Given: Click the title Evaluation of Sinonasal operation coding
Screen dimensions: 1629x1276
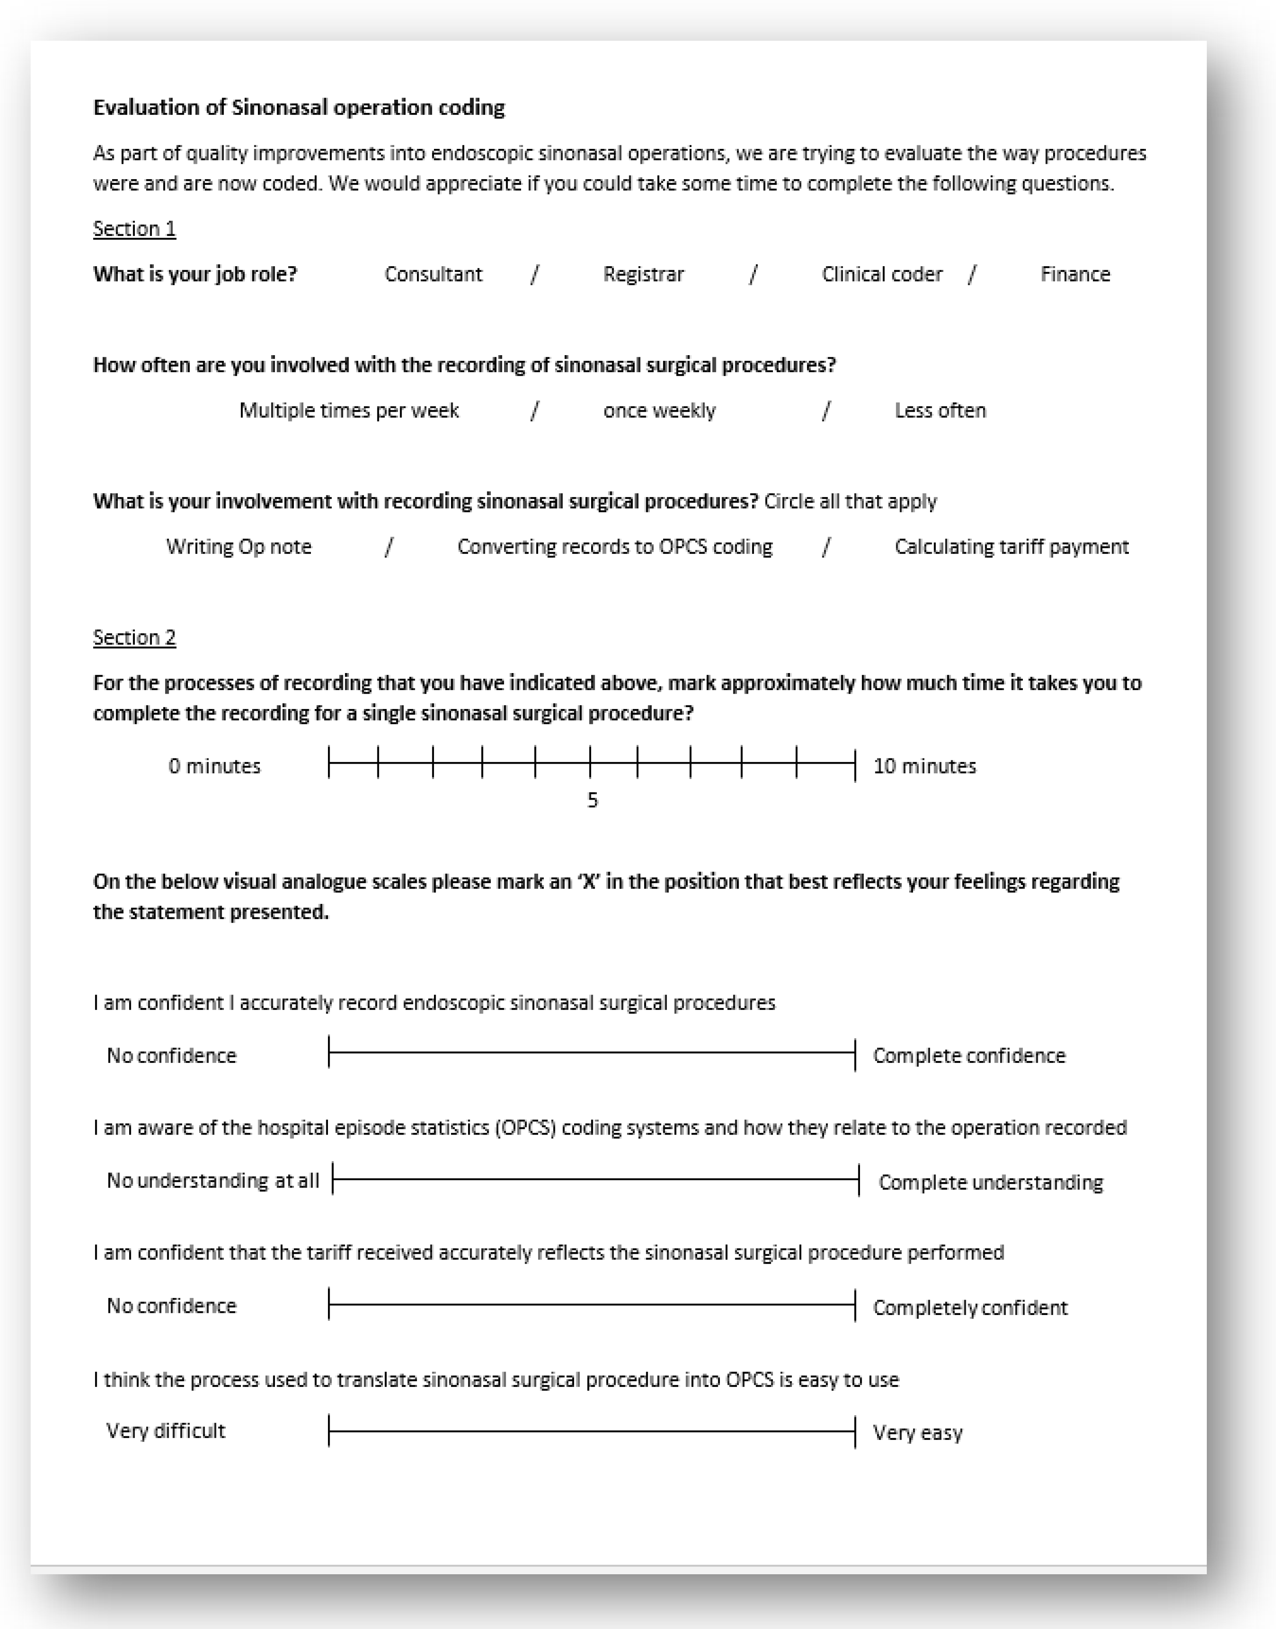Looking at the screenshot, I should click(299, 108).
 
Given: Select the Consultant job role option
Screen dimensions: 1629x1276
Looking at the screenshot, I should click(434, 274).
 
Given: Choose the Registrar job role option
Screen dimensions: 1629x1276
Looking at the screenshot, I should click(643, 274).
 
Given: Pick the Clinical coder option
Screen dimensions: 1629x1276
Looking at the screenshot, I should click(881, 274).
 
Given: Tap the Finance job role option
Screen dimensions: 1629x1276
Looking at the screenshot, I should click(1075, 274).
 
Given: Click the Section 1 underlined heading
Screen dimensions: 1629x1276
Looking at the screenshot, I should click(134, 229).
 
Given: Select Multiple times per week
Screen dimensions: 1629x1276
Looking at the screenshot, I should click(349, 410).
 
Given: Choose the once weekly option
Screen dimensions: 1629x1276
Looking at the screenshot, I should click(659, 410).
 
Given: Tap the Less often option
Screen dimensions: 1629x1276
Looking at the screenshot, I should click(940, 410).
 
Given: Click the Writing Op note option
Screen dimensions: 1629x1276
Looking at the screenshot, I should click(238, 547).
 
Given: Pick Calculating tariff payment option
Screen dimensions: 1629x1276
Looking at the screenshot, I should click(1012, 547).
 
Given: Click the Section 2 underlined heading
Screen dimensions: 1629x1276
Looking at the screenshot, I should click(134, 637).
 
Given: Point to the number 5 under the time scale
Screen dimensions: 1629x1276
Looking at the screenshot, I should click(592, 800).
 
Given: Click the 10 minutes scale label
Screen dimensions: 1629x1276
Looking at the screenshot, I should click(924, 765).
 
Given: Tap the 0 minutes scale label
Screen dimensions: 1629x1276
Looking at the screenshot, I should click(215, 765).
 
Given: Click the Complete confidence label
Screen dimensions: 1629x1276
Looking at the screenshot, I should click(969, 1055).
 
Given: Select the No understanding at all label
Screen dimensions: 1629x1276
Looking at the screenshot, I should click(213, 1180).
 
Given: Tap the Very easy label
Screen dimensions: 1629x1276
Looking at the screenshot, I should click(917, 1432).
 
